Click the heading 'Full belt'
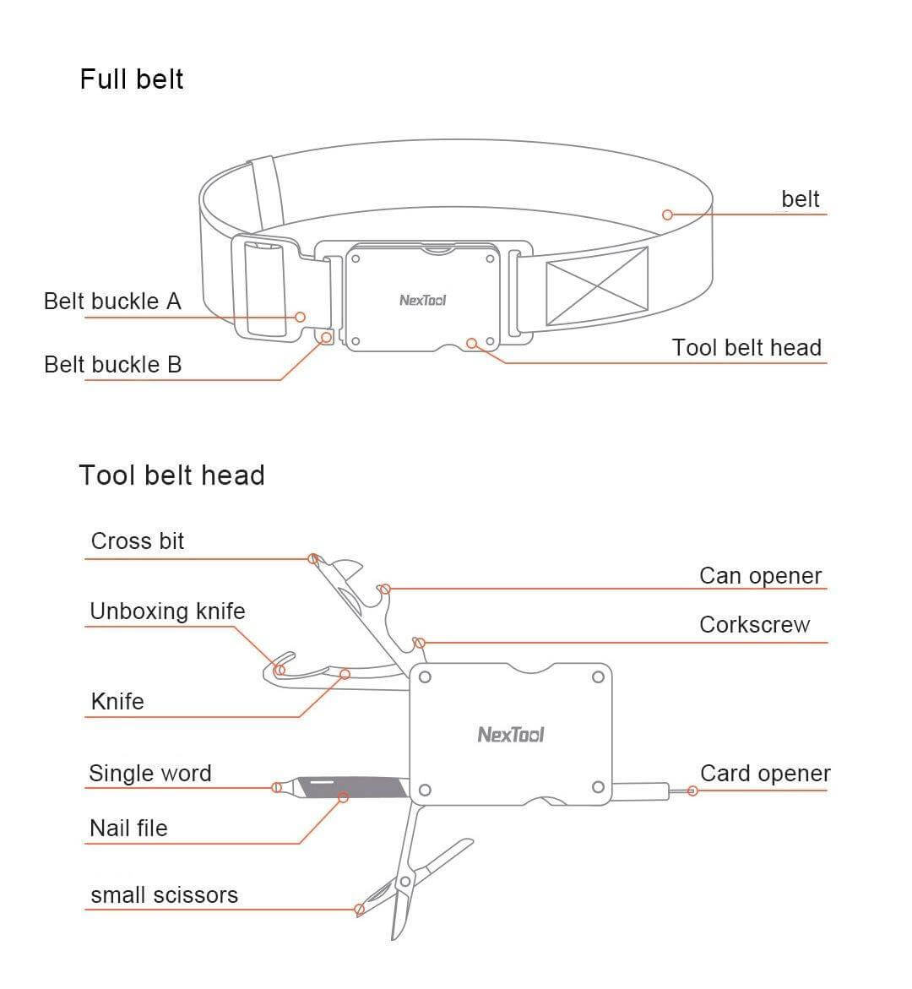tap(131, 79)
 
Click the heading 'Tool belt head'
tap(171, 475)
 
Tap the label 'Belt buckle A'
tap(112, 302)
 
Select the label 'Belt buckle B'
tap(112, 365)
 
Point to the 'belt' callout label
tap(800, 199)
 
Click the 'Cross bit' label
tap(137, 541)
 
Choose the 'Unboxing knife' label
tap(167, 611)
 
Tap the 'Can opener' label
tap(760, 576)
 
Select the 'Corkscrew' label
tap(754, 625)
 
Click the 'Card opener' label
tap(764, 774)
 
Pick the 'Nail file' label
tap(128, 829)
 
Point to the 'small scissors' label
tap(164, 895)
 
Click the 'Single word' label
tap(149, 774)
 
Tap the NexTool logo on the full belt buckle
tap(422, 301)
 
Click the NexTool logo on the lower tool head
tap(511, 735)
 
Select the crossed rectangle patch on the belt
tap(597, 286)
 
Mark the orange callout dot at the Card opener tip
tap(692, 791)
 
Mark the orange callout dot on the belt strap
tap(667, 215)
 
